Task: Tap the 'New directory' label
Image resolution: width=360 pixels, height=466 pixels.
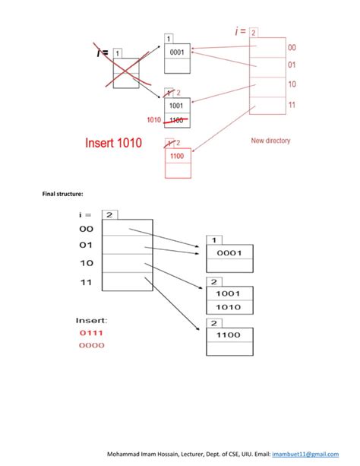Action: click(x=270, y=141)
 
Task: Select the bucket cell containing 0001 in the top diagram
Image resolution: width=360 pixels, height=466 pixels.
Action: click(x=177, y=52)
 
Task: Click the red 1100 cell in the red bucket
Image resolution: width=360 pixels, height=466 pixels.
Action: click(x=177, y=156)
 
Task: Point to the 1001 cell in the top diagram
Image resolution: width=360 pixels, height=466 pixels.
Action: click(x=177, y=107)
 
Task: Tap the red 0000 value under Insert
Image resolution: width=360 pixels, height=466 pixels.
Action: click(x=90, y=345)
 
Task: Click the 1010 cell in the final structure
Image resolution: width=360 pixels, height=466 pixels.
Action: click(x=227, y=307)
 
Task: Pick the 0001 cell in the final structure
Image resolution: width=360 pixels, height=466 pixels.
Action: click(x=227, y=253)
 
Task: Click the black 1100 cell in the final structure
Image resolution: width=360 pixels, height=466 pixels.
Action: click(x=227, y=334)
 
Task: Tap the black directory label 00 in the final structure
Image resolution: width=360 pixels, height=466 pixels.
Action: click(x=86, y=228)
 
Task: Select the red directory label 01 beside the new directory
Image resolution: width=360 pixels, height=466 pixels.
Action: click(x=292, y=65)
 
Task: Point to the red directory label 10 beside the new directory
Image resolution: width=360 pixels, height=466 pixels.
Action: click(x=292, y=84)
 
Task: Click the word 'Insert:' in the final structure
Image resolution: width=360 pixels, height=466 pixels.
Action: click(x=92, y=319)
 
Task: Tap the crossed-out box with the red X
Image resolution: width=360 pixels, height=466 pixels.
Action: click(x=126, y=72)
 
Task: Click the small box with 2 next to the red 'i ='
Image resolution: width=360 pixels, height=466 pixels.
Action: click(x=253, y=33)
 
